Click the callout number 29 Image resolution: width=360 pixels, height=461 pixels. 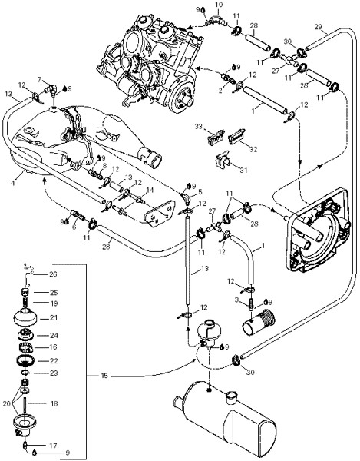tap(318, 27)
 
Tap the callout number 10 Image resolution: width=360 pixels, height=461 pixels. tap(219, 5)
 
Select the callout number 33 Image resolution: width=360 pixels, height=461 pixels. tap(199, 127)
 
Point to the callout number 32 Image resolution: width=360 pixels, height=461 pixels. tap(253, 149)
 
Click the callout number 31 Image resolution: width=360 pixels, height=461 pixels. tap(243, 170)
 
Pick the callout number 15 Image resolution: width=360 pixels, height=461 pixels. tap(104, 376)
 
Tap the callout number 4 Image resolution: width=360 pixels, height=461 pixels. tap(12, 183)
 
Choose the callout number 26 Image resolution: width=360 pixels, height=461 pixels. tap(53, 274)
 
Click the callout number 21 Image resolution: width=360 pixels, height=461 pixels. tap(54, 317)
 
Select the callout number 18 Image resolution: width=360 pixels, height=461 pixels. tap(54, 403)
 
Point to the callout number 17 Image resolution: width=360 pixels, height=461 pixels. tap(53, 446)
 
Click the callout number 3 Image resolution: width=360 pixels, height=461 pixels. tap(236, 300)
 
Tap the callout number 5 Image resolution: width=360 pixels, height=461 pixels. tap(200, 192)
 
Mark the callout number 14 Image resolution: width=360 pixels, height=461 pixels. tap(150, 191)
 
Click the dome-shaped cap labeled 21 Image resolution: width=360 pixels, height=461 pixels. tap(25, 318)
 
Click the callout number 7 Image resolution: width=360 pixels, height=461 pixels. tap(39, 79)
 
